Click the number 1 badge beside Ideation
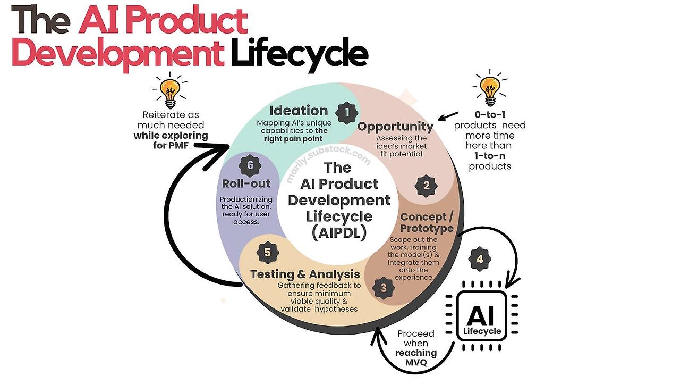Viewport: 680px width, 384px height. click(x=346, y=113)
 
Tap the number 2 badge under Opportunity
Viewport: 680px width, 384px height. click(x=426, y=186)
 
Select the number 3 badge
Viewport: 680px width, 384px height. click(x=383, y=288)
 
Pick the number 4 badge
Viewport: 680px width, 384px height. click(x=480, y=260)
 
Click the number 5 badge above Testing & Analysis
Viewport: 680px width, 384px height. click(x=268, y=253)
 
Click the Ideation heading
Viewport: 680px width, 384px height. click(x=299, y=111)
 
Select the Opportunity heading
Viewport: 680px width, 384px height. click(x=395, y=127)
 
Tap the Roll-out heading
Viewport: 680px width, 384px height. click(x=246, y=183)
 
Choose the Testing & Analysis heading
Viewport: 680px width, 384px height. click(x=305, y=274)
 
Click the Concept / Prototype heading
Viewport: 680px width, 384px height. click(x=427, y=222)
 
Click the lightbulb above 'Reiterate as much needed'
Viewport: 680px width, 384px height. click(x=169, y=90)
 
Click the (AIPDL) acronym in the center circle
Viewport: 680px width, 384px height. click(x=338, y=233)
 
